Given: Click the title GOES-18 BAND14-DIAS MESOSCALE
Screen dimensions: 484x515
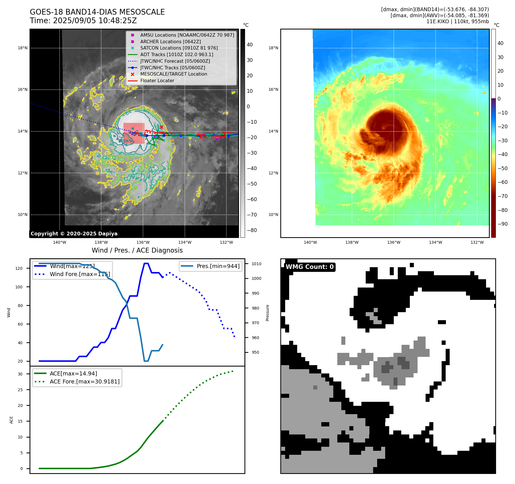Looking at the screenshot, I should point(97,12).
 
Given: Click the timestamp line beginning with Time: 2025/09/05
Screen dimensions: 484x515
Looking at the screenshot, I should point(83,21).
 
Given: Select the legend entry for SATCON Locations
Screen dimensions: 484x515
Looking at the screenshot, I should point(179,48).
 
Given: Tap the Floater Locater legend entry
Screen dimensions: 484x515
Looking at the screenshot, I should point(157,80).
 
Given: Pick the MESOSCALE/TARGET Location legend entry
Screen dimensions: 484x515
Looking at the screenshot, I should point(173,74).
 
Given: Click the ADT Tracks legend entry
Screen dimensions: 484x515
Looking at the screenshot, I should point(177,54).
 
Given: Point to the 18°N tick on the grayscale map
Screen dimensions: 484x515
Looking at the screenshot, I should point(23,48).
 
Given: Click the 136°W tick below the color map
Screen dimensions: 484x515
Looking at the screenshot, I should point(393,242).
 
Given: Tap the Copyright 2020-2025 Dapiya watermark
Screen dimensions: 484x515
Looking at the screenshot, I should point(74,234).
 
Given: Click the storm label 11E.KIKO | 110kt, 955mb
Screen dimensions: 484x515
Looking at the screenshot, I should point(457,21).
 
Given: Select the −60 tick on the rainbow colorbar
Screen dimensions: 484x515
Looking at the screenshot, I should point(502,182).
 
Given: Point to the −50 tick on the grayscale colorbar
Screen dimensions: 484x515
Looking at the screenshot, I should point(252,184).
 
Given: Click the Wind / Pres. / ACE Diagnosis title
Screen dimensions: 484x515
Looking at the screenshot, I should point(137,250).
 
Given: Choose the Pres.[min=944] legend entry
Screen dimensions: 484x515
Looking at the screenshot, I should point(218,266).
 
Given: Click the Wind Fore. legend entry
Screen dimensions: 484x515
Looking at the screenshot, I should point(80,274).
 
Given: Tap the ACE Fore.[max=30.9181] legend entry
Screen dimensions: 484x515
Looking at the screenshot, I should point(85,381).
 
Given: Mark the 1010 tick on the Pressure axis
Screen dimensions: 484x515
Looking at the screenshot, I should point(256,264).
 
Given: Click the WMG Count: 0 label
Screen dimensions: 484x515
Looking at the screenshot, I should point(310,267).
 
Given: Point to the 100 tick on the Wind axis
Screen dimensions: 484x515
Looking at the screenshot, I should point(19,287).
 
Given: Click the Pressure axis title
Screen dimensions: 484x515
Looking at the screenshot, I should point(268,313).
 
